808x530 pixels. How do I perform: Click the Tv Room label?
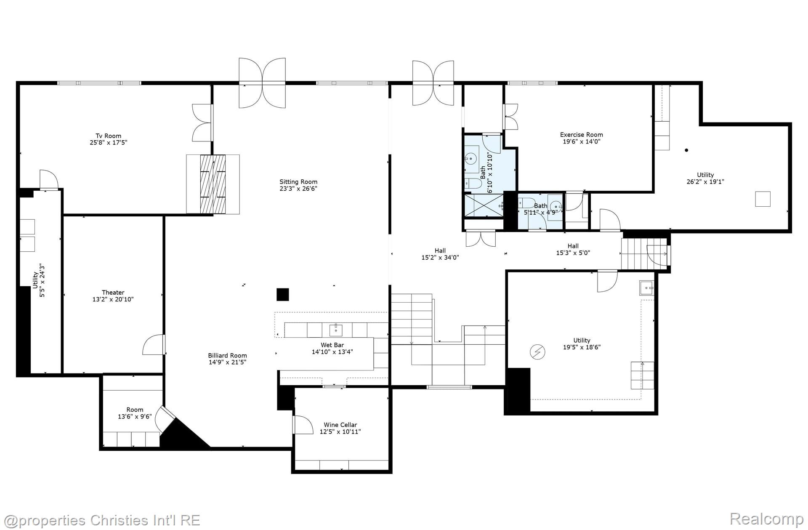tap(108, 136)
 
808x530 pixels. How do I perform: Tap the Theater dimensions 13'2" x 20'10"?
tap(113, 299)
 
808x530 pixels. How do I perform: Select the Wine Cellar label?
tap(340, 425)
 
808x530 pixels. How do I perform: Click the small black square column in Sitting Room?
tap(282, 294)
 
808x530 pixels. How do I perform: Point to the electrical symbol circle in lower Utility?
tap(537, 352)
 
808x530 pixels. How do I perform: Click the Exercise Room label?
tap(581, 135)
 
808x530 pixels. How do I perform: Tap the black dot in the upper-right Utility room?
tap(686, 150)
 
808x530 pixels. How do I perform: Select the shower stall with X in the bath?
tap(483, 205)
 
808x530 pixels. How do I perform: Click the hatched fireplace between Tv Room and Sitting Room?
tap(213, 184)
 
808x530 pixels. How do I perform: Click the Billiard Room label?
tap(227, 355)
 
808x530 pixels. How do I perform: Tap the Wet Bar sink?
tap(336, 329)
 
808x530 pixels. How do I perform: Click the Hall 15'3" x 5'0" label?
tap(573, 249)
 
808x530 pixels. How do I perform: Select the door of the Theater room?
tap(154, 345)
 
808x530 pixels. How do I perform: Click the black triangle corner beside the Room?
tap(181, 436)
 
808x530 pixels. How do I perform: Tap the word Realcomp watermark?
tap(766, 519)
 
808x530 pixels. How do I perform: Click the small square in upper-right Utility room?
tap(763, 199)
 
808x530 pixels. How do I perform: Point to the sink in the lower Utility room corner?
tap(646, 288)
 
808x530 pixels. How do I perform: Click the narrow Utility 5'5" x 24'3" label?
tap(38, 281)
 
